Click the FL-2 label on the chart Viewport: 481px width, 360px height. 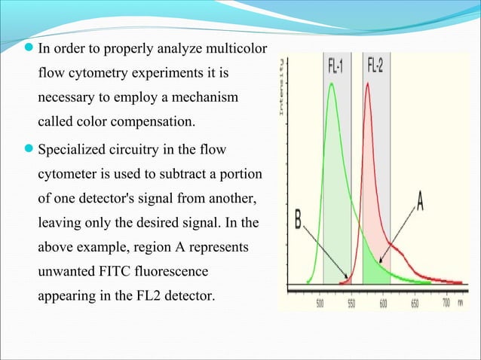(x=375, y=66)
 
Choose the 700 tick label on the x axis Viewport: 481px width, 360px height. (x=446, y=303)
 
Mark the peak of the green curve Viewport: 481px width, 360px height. (x=332, y=84)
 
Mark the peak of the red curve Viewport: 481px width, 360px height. (x=368, y=84)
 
